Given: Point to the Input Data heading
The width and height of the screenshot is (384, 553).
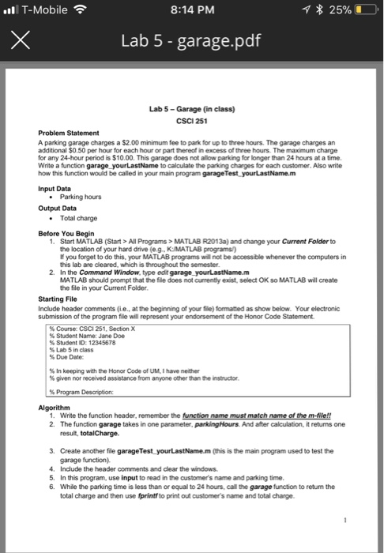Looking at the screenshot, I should click(x=56, y=189).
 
